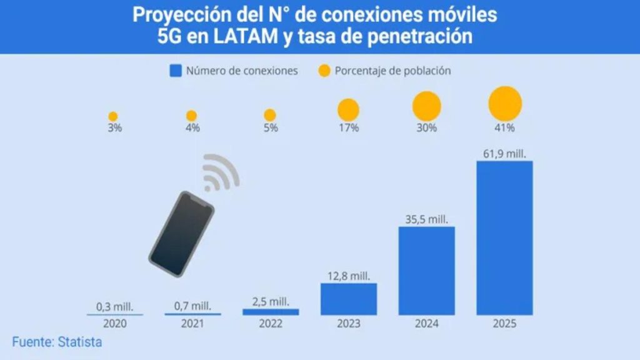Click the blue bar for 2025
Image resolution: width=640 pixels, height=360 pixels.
point(504,237)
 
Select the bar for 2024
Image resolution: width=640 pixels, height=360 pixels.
point(426,270)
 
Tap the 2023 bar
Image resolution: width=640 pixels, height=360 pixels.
point(348,299)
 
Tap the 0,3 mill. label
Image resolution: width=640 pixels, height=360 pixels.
point(114,306)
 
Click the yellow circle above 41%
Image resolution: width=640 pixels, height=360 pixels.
point(504,103)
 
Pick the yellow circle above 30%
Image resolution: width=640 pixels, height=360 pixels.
point(426,106)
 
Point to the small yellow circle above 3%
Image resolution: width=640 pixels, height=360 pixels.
point(113,116)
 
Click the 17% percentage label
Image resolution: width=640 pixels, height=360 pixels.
point(348,128)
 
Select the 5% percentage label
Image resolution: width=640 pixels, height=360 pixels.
point(270,128)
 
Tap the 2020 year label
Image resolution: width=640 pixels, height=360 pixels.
point(114,324)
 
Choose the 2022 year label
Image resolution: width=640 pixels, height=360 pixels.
point(270,324)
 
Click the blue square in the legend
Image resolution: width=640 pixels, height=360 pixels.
point(176,71)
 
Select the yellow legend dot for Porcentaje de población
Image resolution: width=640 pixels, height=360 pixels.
point(324,71)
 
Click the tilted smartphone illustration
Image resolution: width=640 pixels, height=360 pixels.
point(181,234)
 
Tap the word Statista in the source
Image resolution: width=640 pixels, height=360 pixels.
point(80,342)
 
